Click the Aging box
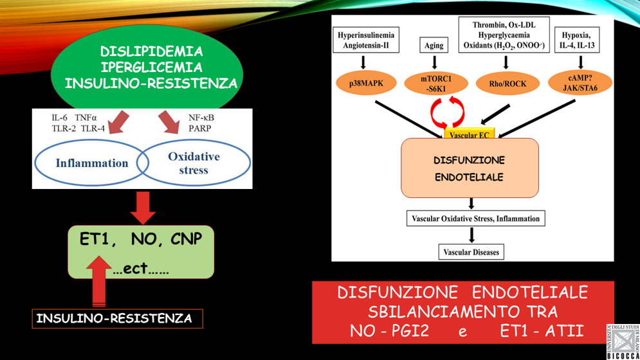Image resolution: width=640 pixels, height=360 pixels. click(434, 46)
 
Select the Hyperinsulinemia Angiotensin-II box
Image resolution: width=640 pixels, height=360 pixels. click(366, 40)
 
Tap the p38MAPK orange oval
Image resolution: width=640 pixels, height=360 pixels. click(366, 84)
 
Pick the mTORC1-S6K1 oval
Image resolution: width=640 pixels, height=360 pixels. click(436, 84)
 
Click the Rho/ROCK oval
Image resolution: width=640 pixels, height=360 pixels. click(507, 84)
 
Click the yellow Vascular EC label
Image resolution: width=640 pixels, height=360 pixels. click(469, 135)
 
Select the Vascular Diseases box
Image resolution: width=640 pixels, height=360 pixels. click(471, 252)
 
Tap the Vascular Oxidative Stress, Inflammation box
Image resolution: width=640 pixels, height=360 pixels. click(475, 219)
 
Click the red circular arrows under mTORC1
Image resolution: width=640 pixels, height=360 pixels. click(448, 111)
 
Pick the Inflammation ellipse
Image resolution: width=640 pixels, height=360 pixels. click(91, 163)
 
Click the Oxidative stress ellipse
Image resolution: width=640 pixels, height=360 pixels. click(194, 163)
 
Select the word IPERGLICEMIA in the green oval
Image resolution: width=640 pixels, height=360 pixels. click(151, 67)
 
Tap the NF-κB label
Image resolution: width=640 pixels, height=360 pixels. click(201, 118)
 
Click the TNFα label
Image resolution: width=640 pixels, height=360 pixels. click(86, 118)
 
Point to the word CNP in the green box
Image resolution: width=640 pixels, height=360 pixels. click(187, 240)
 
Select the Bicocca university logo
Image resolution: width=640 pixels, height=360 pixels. click(622, 341)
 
